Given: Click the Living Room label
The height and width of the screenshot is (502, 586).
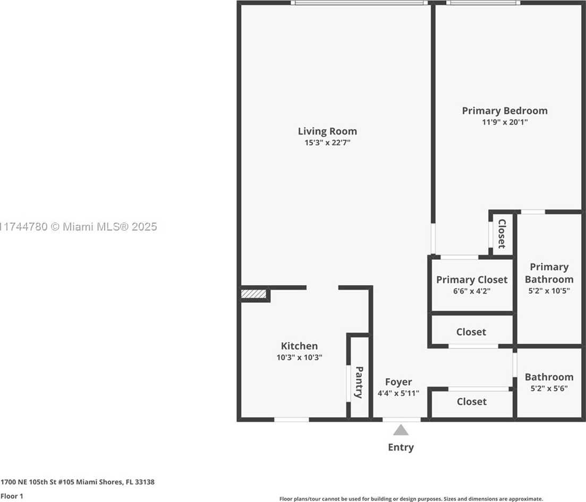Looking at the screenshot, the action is (x=327, y=131).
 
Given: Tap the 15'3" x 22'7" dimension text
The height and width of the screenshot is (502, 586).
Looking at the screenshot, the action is (x=327, y=142).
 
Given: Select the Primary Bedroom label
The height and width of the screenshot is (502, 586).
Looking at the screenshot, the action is (x=505, y=110).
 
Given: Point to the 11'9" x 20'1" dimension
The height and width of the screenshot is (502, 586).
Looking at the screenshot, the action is (x=505, y=122).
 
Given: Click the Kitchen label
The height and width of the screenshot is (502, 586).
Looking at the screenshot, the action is (x=299, y=346).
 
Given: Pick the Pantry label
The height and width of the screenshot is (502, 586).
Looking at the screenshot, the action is (x=359, y=382).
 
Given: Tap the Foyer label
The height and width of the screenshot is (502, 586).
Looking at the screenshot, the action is (x=398, y=382).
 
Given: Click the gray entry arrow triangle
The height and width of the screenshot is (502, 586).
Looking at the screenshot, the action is (x=401, y=430).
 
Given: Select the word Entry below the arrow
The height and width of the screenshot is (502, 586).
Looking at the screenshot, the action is (x=401, y=447).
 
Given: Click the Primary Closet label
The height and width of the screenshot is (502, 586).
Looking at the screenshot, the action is (x=472, y=279).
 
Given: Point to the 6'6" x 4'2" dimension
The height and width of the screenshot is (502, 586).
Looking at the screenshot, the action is (x=472, y=291).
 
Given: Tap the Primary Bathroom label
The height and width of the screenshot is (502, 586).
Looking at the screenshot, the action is (x=549, y=273).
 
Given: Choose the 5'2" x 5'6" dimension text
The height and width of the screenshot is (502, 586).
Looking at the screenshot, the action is (x=549, y=388).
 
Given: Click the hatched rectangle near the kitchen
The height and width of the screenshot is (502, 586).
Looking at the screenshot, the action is (x=253, y=293).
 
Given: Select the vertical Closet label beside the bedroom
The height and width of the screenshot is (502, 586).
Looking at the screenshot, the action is (x=502, y=234).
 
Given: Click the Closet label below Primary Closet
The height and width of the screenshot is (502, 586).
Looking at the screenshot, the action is (x=471, y=332).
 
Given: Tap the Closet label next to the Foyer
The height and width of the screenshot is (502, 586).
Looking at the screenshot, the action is (x=472, y=402).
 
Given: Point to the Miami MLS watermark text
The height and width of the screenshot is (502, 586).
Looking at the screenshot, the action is (x=79, y=226).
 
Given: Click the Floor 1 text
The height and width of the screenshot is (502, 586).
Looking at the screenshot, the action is (x=12, y=496).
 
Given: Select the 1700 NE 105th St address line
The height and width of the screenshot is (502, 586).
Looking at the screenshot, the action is (x=78, y=482).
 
